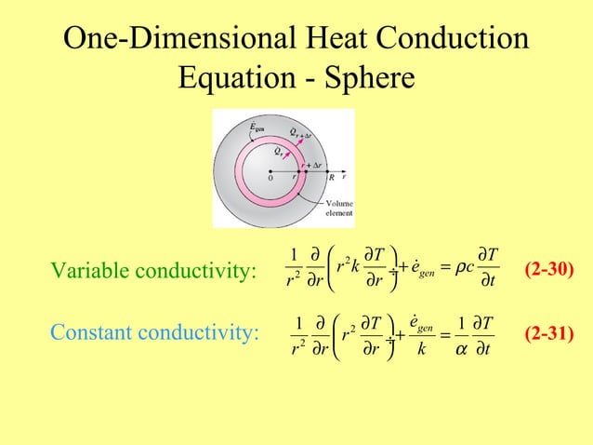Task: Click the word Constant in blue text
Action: [93, 332]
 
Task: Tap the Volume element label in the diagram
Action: [337, 208]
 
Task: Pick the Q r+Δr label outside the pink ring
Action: [300, 130]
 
